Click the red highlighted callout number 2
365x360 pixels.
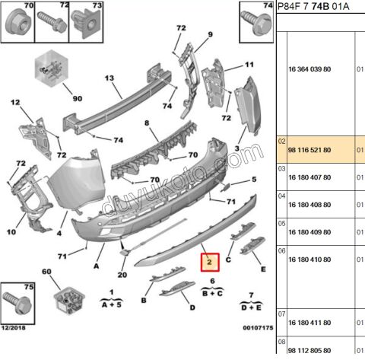(210, 262)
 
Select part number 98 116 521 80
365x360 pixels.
(309, 150)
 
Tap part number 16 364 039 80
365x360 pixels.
(309, 69)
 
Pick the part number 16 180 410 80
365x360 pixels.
(309, 260)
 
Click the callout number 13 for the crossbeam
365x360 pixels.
(109, 78)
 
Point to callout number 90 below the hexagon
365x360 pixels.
(78, 98)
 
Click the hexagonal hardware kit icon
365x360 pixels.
(52, 68)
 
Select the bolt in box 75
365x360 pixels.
(17, 303)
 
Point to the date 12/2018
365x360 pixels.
(14, 328)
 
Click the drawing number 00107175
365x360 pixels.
(258, 328)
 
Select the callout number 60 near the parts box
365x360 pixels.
(46, 272)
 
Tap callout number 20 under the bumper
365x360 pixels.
(122, 275)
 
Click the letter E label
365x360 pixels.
(263, 269)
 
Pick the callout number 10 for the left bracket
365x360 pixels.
(11, 232)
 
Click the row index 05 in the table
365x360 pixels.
(281, 224)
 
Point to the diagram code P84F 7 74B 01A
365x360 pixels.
(313, 6)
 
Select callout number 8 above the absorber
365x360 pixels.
(147, 123)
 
